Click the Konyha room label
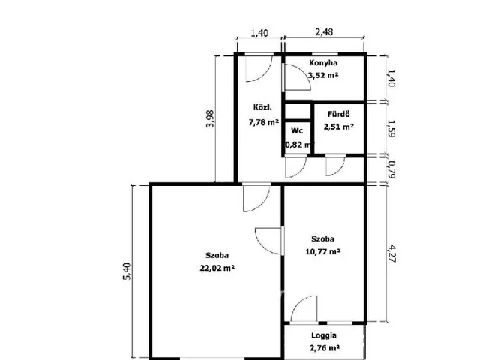[323, 63]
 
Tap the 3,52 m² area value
[323, 75]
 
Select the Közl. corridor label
[262, 107]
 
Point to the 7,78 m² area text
[263, 122]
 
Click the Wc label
[297, 130]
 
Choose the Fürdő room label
[338, 114]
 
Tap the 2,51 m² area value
[339, 127]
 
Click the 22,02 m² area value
[217, 268]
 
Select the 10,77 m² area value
[323, 252]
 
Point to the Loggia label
[324, 335]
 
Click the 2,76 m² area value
[325, 348]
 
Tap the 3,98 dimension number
[210, 118]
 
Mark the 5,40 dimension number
[127, 271]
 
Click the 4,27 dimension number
[391, 253]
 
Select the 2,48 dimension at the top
[324, 32]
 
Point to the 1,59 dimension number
[391, 128]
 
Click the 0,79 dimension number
[391, 170]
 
